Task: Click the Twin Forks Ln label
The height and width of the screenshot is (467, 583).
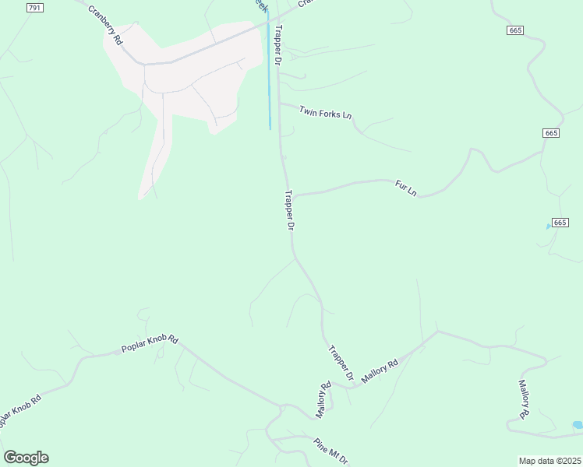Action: [x=325, y=113]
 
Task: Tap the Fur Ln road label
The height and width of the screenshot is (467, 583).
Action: [x=406, y=188]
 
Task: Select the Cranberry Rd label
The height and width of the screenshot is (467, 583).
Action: [x=105, y=25]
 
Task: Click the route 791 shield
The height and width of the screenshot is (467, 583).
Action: [x=34, y=7]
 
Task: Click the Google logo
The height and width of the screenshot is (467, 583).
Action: [x=26, y=458]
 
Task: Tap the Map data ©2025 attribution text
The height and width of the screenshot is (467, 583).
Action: [x=549, y=460]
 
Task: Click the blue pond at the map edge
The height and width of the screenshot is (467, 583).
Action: [x=578, y=425]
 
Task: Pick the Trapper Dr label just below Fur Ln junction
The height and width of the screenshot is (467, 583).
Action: [x=289, y=210]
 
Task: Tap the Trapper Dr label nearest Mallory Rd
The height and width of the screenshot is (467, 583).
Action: [x=341, y=363]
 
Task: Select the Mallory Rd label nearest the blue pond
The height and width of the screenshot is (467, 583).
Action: [x=525, y=399]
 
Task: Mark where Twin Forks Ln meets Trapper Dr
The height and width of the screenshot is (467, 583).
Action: [x=279, y=104]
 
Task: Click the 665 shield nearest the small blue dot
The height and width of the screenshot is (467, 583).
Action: [x=560, y=223]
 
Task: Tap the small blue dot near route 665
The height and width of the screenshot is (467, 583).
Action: [x=549, y=226]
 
